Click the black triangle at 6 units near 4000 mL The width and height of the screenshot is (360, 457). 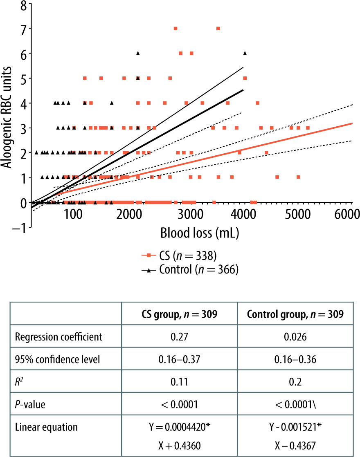[245, 53]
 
